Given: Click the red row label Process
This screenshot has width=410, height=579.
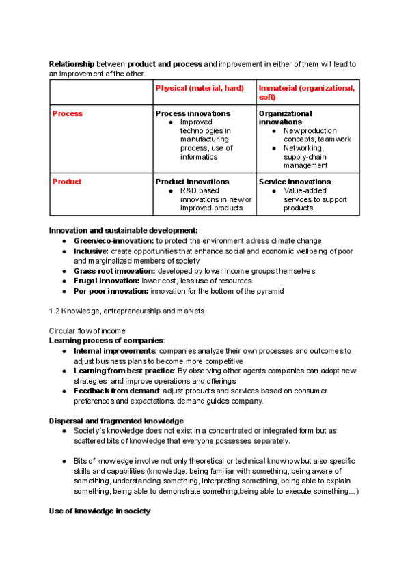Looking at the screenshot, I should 68,114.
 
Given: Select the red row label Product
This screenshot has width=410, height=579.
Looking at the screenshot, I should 67,182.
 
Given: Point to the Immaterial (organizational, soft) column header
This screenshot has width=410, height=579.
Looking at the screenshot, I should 306,93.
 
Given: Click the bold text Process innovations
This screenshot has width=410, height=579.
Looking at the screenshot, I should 193,113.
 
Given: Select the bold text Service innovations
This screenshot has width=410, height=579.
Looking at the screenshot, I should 295,182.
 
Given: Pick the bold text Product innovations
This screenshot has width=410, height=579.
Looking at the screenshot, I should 193,182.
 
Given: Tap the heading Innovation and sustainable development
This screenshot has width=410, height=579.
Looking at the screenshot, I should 124,231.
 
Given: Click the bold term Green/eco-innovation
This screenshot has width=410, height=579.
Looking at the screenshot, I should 113,241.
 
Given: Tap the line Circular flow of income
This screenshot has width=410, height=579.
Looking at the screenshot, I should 87,330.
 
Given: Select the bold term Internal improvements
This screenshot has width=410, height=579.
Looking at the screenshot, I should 115,351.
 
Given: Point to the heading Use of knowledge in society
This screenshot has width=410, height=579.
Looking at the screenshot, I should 100,511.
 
